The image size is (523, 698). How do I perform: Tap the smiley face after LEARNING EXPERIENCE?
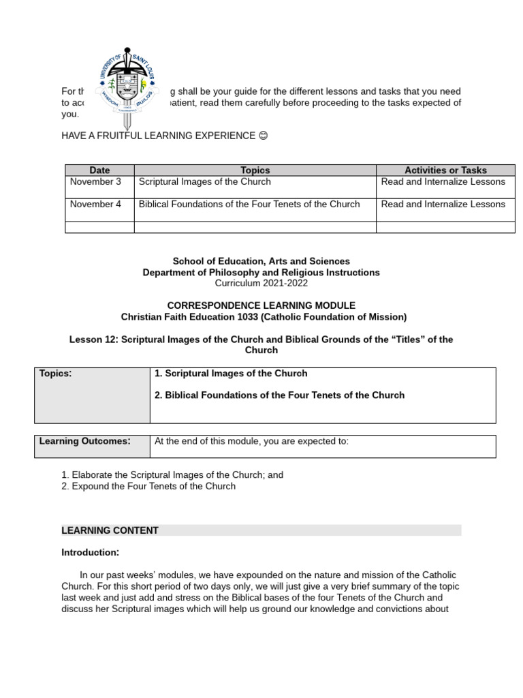coord(264,136)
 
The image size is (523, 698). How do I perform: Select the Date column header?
coord(99,170)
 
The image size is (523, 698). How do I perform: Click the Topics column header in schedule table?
coord(255,170)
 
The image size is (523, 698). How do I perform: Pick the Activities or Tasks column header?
coord(445,170)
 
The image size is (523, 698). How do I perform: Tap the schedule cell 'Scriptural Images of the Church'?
coord(205,181)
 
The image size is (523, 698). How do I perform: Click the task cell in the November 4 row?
coord(443,204)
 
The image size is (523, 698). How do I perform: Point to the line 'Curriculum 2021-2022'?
coord(261,282)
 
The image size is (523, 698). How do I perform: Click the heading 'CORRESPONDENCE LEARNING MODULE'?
coord(261,305)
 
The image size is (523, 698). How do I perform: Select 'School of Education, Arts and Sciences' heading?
coord(261,261)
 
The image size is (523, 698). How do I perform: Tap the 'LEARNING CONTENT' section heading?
coord(110,530)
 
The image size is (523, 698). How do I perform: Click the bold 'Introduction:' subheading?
coord(90,552)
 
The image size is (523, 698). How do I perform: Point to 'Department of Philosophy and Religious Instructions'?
coord(261,272)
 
